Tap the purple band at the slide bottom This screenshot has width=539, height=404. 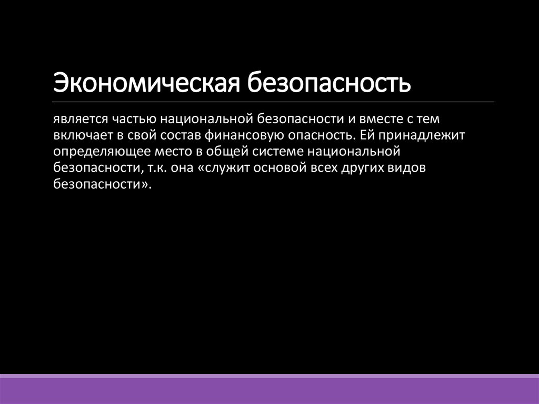269,390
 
